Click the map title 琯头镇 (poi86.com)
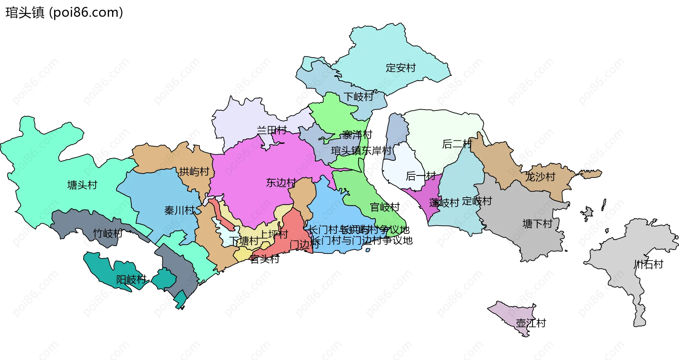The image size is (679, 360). [64, 12]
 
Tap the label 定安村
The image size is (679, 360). [400, 68]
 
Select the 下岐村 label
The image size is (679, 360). [358, 97]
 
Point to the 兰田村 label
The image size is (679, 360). [272, 130]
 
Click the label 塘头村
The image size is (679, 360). [82, 185]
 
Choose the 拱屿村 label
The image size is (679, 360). [194, 172]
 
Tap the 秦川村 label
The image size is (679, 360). [179, 210]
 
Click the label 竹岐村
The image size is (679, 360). [108, 233]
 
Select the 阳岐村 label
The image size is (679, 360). [131, 279]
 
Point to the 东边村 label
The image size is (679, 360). [281, 182]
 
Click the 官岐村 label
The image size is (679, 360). [385, 207]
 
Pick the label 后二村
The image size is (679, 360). [457, 144]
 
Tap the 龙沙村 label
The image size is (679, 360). [540, 176]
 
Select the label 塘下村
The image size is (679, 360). [537, 223]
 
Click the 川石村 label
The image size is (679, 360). [648, 264]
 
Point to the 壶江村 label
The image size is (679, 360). [531, 323]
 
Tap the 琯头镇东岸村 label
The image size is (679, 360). [361, 151]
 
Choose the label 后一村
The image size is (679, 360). [420, 176]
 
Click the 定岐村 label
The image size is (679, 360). [477, 201]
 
